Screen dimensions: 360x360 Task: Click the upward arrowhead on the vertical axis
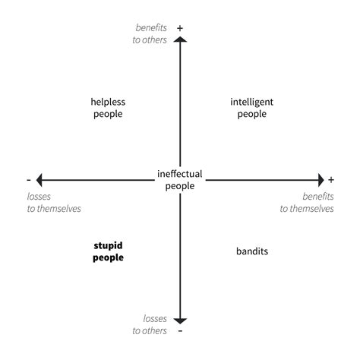coord(180,39)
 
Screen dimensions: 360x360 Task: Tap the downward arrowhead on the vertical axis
coord(180,321)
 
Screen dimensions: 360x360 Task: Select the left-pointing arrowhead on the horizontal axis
coord(39,180)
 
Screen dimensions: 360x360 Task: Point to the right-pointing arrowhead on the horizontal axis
coord(321,180)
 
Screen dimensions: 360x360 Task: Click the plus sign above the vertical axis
coord(180,28)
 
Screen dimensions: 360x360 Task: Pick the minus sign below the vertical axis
coord(180,330)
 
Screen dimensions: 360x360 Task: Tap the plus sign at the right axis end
coord(331,180)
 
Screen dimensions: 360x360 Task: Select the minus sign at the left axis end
coord(29,180)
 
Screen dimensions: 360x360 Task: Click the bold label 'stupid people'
coord(108,251)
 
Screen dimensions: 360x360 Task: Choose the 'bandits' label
coord(252,251)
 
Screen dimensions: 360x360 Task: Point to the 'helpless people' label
coord(108,108)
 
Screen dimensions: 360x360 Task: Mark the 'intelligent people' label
coord(252,108)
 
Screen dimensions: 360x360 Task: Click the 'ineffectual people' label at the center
coord(180,180)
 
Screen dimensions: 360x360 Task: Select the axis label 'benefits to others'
coord(150,33)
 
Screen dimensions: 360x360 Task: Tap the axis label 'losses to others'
coord(150,324)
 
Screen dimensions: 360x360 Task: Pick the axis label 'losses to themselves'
coord(54,203)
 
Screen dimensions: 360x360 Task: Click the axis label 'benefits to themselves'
coord(307,203)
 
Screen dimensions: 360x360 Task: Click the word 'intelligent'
coord(252,103)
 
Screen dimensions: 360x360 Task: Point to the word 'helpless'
coord(108,102)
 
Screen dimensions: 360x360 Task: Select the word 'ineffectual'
coord(180,174)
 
